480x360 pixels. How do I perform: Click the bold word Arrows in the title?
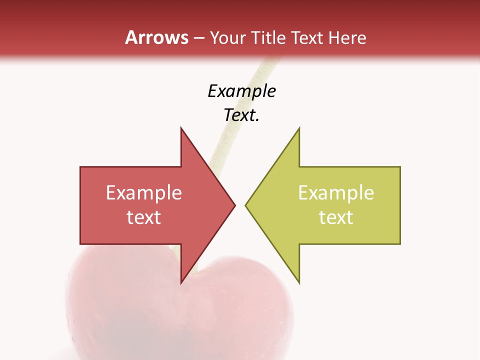(x=156, y=38)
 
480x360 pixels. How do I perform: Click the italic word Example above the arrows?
(x=241, y=91)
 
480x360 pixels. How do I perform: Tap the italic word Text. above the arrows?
(x=241, y=115)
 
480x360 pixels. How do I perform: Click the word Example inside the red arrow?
(x=144, y=193)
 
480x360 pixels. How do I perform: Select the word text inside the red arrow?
(x=144, y=217)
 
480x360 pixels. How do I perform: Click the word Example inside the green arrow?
(x=336, y=193)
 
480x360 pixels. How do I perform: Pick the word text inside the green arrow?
(x=336, y=217)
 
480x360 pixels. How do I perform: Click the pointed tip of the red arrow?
(x=235, y=205)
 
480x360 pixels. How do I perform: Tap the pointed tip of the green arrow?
(x=245, y=205)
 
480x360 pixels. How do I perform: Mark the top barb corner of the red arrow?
(x=181, y=128)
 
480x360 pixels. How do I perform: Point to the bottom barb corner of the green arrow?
(x=299, y=283)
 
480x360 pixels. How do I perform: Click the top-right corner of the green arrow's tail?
(x=400, y=167)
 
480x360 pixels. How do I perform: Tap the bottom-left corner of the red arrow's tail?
(x=80, y=243)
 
